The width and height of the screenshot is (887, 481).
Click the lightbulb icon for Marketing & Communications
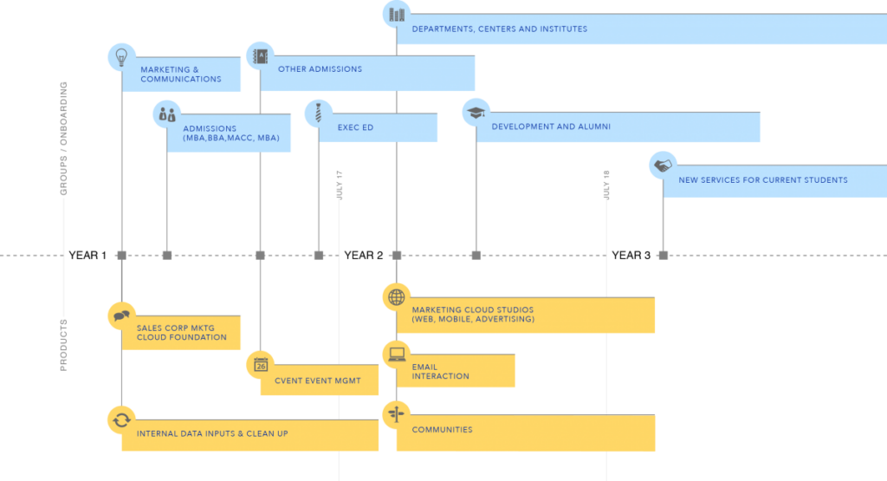pyautogui.click(x=121, y=56)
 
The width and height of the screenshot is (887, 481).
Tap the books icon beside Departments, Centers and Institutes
pyautogui.click(x=397, y=15)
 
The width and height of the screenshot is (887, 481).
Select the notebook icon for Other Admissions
pyautogui.click(x=260, y=55)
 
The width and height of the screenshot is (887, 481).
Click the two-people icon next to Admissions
pyautogui.click(x=167, y=114)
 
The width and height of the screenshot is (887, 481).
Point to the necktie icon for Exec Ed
pyautogui.click(x=319, y=113)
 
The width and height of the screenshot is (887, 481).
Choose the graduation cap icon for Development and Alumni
pyautogui.click(x=476, y=112)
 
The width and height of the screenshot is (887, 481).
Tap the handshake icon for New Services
pyautogui.click(x=663, y=165)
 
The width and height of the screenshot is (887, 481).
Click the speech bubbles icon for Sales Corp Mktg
pyautogui.click(x=121, y=315)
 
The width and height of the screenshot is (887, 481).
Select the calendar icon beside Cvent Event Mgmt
pyautogui.click(x=261, y=365)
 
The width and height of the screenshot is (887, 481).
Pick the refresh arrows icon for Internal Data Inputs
pyautogui.click(x=121, y=419)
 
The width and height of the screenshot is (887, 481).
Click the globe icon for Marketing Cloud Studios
pyautogui.click(x=397, y=297)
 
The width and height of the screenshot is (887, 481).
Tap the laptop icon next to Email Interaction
pyautogui.click(x=397, y=354)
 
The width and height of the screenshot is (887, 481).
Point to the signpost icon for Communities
pyautogui.click(x=397, y=414)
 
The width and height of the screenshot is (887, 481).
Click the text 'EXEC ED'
pyautogui.click(x=355, y=127)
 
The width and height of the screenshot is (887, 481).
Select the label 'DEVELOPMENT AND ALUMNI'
pyautogui.click(x=551, y=127)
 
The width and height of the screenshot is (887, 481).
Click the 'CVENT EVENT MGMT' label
pyautogui.click(x=317, y=380)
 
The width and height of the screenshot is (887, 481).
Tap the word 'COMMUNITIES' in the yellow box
pyautogui.click(x=442, y=430)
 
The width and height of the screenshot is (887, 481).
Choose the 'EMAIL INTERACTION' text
pyautogui.click(x=441, y=372)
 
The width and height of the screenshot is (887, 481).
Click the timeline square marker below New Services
pyautogui.click(x=663, y=255)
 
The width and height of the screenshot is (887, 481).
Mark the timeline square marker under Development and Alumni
pyautogui.click(x=476, y=255)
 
